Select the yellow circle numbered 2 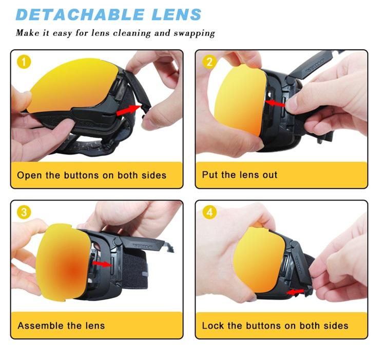click(x=209, y=62)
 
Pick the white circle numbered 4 click(x=209, y=212)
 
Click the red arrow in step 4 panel click(x=295, y=292)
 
